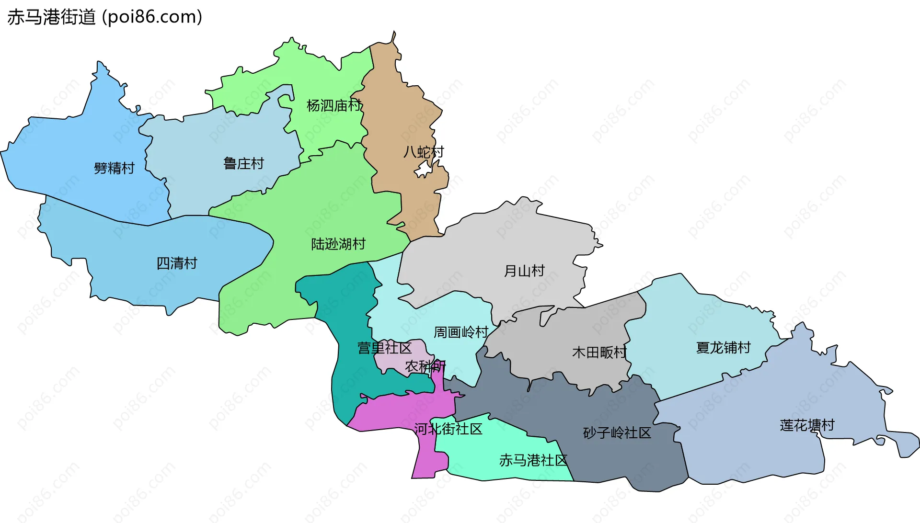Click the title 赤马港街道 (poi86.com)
click(x=104, y=17)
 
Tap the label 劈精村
click(x=114, y=168)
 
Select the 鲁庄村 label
click(x=243, y=164)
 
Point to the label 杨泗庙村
click(x=334, y=105)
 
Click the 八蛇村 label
click(x=424, y=152)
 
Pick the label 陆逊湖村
click(x=338, y=244)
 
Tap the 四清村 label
click(x=177, y=263)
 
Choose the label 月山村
click(x=524, y=271)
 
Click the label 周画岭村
click(x=461, y=332)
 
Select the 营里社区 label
click(x=385, y=348)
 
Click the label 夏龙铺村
click(x=723, y=348)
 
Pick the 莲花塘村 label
click(x=807, y=425)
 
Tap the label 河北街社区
click(x=448, y=429)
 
